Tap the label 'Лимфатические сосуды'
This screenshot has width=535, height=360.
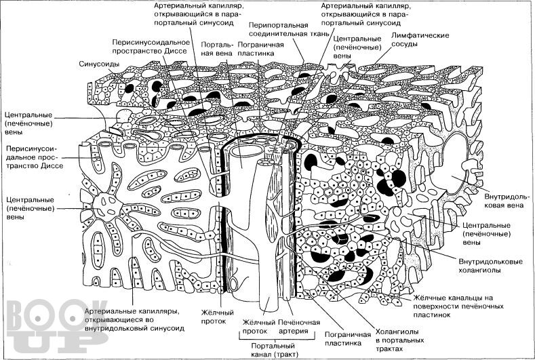[420, 39]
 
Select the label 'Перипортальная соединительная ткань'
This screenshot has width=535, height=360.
[289, 29]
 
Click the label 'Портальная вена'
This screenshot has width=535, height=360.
[217, 49]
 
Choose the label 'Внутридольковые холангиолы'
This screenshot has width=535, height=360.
[490, 266]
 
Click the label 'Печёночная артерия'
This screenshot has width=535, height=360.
[299, 327]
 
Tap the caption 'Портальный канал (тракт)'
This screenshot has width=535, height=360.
[275, 351]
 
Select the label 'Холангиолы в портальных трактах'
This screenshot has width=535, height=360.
[399, 340]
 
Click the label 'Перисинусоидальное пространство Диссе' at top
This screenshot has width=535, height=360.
[151, 47]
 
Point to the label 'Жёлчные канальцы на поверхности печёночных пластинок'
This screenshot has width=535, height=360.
[458, 306]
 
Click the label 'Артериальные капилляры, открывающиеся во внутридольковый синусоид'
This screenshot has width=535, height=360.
[134, 320]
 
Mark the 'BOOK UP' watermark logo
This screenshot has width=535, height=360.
[56, 327]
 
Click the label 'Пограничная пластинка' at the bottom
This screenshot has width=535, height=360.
[347, 338]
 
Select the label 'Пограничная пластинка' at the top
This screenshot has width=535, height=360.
[260, 49]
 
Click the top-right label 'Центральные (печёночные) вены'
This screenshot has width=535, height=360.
[357, 47]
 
